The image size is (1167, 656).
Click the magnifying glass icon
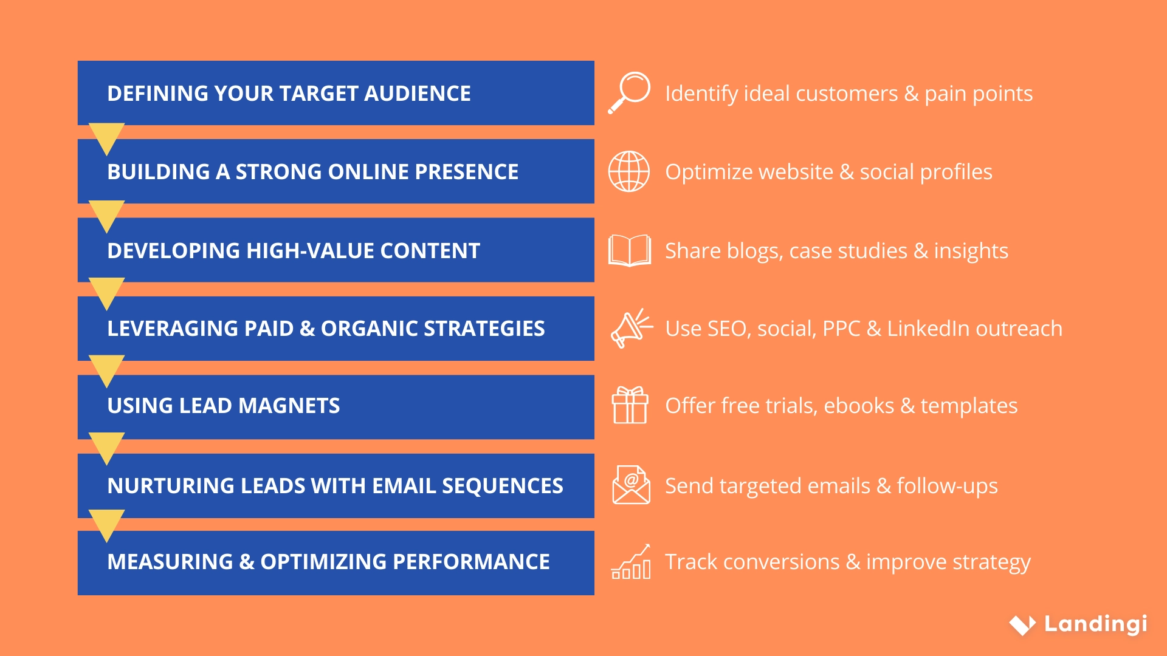click(x=630, y=93)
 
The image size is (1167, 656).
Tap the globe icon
click(x=629, y=171)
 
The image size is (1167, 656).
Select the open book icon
click(x=630, y=250)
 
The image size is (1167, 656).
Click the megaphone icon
click(x=631, y=328)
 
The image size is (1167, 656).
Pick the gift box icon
click(x=630, y=405)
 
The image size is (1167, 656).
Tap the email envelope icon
click(x=631, y=485)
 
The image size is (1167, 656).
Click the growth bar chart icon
click(x=631, y=562)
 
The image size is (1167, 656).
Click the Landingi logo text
click(x=1095, y=624)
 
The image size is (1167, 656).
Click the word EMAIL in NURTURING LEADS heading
click(x=404, y=486)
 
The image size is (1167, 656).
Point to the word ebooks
click(x=858, y=406)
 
